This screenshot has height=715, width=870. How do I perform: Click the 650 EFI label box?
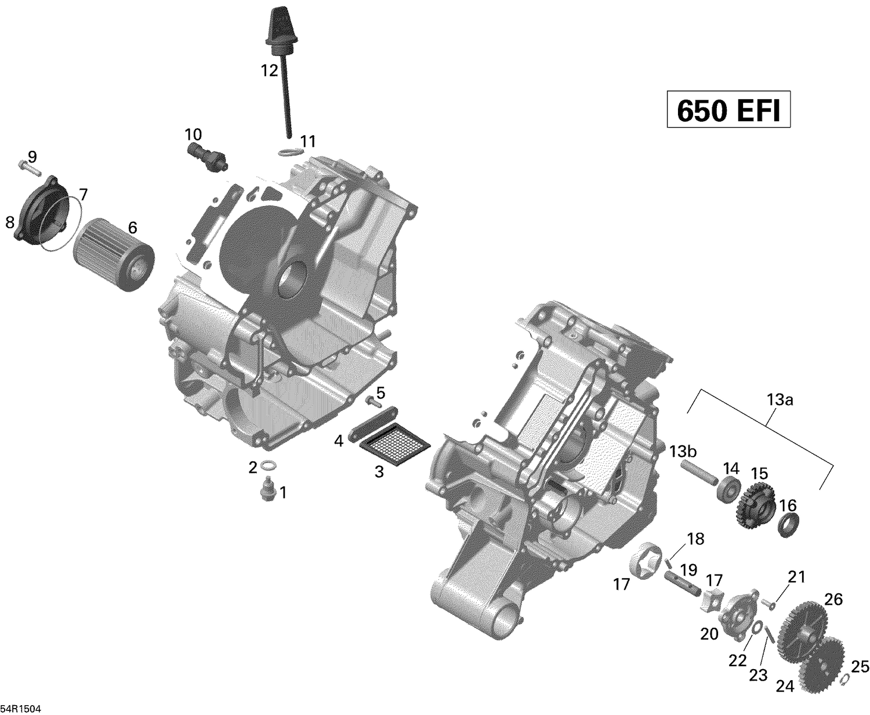(728, 109)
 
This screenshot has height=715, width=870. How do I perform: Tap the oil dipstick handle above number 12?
(276, 26)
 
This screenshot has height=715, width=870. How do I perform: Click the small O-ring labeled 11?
(290, 153)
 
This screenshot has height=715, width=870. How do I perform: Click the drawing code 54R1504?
(21, 709)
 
